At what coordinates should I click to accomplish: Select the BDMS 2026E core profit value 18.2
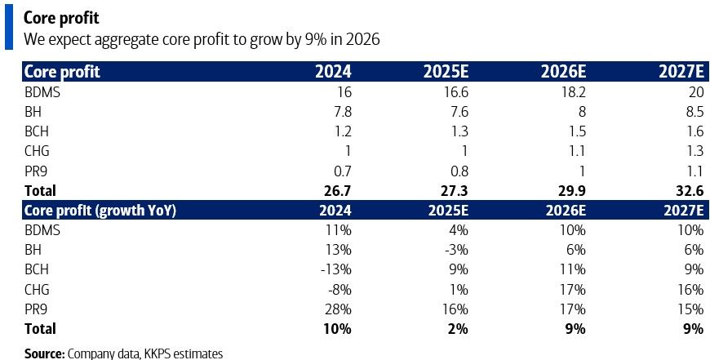pos(570,92)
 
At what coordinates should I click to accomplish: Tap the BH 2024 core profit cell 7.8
pos(341,113)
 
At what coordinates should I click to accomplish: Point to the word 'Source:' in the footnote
pos(44,353)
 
